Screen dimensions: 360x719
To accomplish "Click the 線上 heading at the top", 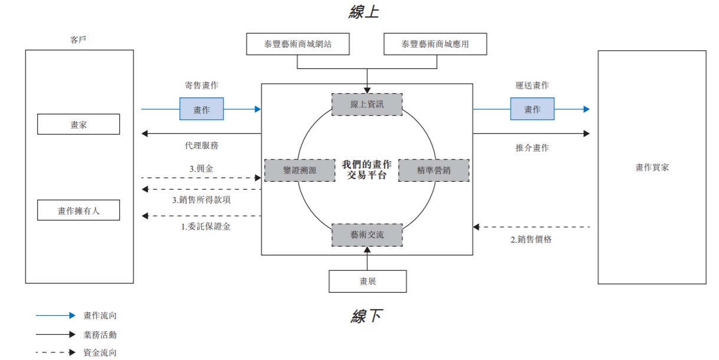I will point(364,12).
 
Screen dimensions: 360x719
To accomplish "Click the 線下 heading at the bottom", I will point(366,317).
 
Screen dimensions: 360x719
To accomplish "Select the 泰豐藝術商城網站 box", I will point(298,44).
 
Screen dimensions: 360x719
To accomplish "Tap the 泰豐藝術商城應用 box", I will point(435,44).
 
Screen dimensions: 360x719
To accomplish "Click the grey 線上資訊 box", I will point(367,104).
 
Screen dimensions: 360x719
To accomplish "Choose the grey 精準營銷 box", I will point(434,170).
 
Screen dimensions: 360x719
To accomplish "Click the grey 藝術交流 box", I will point(367,235).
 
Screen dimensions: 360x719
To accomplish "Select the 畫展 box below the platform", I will point(367,282).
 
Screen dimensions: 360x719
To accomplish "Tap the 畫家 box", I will point(78,125).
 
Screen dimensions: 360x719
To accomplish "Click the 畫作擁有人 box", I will point(78,210).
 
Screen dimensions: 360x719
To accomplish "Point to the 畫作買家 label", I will point(652,168).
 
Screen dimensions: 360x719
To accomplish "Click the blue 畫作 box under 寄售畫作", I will point(201,109).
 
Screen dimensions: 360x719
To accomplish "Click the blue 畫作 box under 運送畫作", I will point(532,109).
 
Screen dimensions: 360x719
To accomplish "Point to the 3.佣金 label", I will point(201,169).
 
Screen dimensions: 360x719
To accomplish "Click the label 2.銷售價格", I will point(531,240).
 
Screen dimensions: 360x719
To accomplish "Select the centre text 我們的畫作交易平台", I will point(366,170).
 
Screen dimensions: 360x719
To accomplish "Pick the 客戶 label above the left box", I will point(78,40).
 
